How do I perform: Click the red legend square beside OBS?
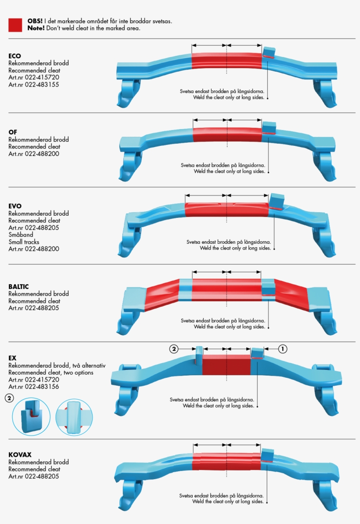15,25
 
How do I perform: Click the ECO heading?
14,56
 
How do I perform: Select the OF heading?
12,132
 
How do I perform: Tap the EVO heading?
15,206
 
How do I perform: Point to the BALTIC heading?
18,286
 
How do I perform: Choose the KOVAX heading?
20,455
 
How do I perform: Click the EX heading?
12,358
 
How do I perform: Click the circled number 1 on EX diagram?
283,349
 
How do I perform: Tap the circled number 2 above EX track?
174,349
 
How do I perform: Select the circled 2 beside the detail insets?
9,398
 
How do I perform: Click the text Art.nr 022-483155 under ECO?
33,85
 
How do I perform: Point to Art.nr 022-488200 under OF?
33,154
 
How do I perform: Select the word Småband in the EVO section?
21,235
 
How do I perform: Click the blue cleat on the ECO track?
269,53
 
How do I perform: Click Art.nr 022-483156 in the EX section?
33,387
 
